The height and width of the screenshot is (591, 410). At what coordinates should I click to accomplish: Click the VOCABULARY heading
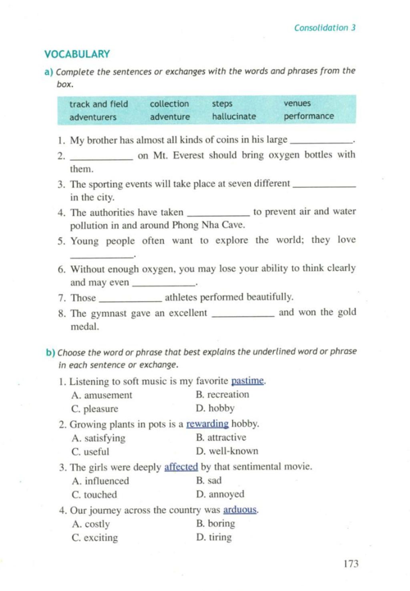coord(77,54)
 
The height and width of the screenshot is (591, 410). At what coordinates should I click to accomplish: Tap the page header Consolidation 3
coord(324,28)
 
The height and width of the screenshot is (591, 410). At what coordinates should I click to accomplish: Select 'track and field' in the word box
coord(98,104)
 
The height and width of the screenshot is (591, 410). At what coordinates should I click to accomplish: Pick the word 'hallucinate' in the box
coord(234,116)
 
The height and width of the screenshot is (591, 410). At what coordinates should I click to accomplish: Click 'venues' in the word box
coord(297,103)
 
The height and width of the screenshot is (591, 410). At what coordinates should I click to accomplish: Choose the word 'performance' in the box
coord(309,116)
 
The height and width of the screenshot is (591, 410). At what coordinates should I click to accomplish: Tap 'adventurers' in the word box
coord(93,117)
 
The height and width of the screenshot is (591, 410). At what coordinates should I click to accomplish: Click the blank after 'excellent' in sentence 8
coord(242,315)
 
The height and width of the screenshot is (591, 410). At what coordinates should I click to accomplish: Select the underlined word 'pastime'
coord(247,381)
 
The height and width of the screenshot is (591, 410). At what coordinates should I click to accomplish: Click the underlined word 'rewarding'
coord(207,424)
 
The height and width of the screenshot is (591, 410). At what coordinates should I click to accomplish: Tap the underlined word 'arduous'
coord(240,510)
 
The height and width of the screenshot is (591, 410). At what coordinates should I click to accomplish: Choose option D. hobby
coord(215,408)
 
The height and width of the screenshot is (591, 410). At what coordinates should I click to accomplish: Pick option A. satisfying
coord(98,438)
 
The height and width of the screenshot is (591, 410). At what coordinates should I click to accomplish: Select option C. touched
coord(94,495)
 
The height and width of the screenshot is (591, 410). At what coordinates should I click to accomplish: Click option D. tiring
coord(214,537)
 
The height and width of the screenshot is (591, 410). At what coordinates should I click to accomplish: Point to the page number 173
coord(351,564)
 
